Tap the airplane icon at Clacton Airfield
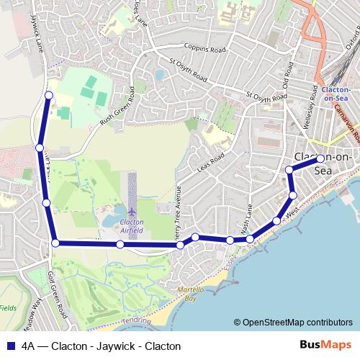pyautogui.click(x=132, y=212)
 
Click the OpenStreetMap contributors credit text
pyautogui.click(x=297, y=323)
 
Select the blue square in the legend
pyautogui.click(x=11, y=346)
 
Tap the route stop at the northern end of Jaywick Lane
pyautogui.click(x=48, y=95)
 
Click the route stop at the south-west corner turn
pyautogui.click(x=55, y=243)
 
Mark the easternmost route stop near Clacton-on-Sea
pyautogui.click(x=320, y=160)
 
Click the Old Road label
pyautogui.click(x=289, y=76)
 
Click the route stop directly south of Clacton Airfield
pyautogui.click(x=120, y=245)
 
